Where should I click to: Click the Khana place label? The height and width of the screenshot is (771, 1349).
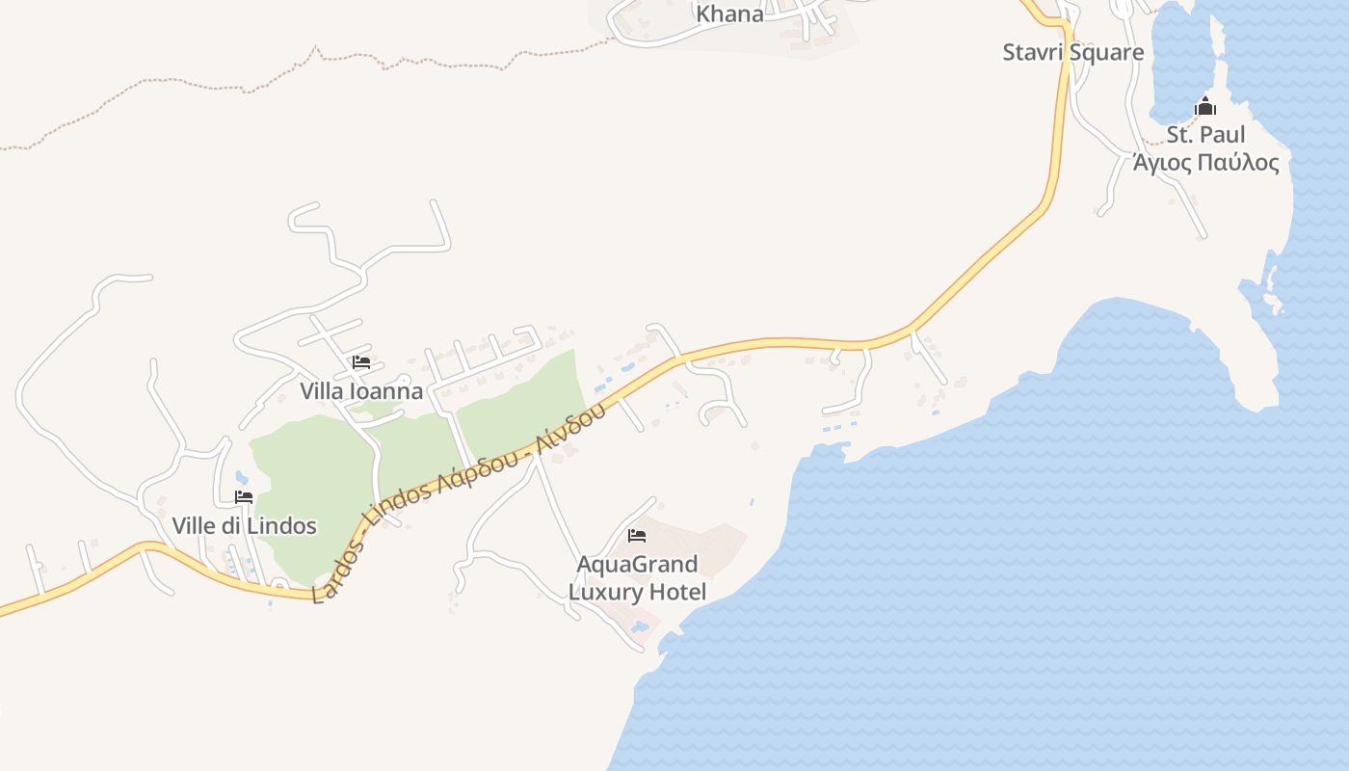click(x=729, y=14)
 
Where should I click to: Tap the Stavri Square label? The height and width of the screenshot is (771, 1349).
click(x=1072, y=52)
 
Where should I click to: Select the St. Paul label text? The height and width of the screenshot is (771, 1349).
click(x=1205, y=134)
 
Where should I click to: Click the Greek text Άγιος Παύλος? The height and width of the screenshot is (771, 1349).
click(x=1205, y=162)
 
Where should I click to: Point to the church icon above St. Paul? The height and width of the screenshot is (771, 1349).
click(x=1205, y=106)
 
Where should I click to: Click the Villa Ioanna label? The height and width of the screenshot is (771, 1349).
click(x=361, y=391)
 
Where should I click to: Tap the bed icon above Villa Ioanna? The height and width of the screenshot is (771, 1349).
click(x=361, y=362)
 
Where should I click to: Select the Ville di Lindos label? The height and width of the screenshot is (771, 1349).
click(x=244, y=526)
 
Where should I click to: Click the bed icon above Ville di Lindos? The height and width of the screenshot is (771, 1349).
click(x=244, y=497)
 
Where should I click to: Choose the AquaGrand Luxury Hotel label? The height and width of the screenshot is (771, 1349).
click(x=637, y=577)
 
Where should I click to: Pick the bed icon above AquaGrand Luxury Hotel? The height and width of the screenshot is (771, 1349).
click(x=636, y=535)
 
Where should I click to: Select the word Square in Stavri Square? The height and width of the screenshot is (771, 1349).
click(x=1108, y=52)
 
